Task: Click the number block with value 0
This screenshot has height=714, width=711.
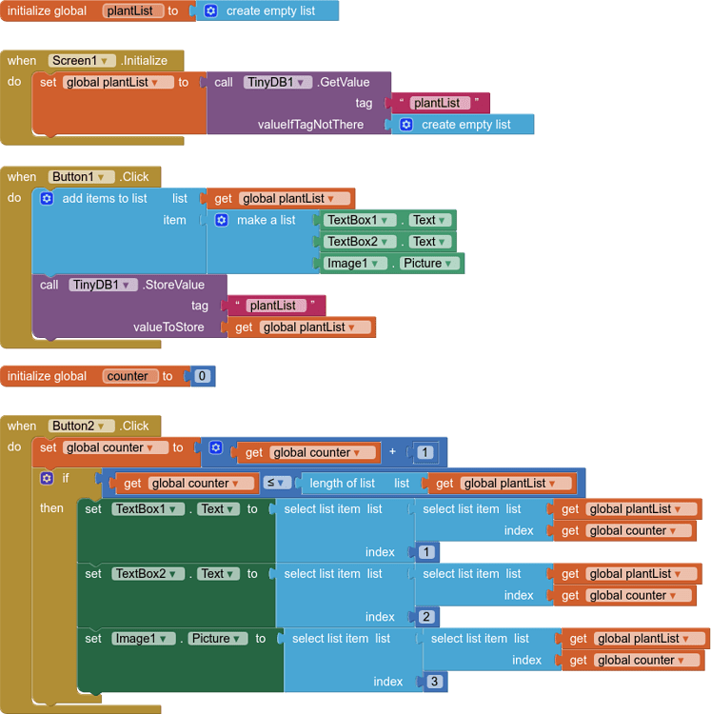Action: [202, 376]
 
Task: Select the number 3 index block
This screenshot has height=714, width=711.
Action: [434, 682]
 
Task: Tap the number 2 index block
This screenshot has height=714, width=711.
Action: [425, 617]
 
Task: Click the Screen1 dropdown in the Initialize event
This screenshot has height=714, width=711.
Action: [82, 60]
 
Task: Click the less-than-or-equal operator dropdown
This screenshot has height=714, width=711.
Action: [275, 483]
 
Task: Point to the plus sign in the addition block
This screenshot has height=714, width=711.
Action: [392, 452]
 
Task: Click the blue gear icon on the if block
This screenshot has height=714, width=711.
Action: [46, 478]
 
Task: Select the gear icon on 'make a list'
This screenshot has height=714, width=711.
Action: [222, 220]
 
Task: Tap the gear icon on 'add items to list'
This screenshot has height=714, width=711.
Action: [47, 198]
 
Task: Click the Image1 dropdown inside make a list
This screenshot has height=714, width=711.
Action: [352, 264]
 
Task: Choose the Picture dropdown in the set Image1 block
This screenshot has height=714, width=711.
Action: [218, 639]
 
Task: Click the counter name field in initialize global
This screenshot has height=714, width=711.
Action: [128, 376]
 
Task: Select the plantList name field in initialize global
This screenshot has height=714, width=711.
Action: [133, 10]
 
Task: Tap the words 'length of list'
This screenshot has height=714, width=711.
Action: [342, 483]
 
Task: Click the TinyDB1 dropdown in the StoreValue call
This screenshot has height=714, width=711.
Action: [103, 285]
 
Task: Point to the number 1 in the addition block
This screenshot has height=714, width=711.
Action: [425, 452]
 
